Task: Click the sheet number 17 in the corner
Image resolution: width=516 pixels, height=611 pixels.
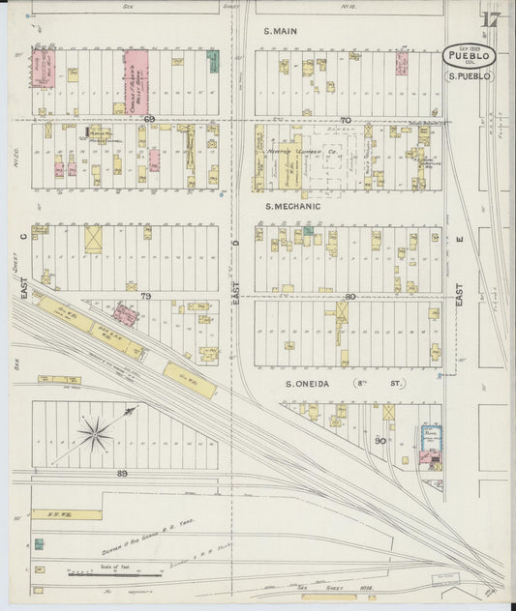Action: coord(490,19)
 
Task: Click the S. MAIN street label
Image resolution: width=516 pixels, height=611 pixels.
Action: coord(280,31)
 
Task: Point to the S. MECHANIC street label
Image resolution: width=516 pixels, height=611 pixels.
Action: coord(291,206)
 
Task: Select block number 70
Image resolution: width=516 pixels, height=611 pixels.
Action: coord(346,120)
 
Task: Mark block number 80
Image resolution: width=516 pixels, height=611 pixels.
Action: coord(349,296)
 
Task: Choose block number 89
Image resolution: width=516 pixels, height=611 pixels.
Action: coord(121,473)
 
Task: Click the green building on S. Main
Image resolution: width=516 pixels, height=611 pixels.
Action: coord(212,62)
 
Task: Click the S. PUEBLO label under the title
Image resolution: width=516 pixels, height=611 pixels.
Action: coord(470,75)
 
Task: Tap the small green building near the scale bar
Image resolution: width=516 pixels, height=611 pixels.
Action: coord(39,544)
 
